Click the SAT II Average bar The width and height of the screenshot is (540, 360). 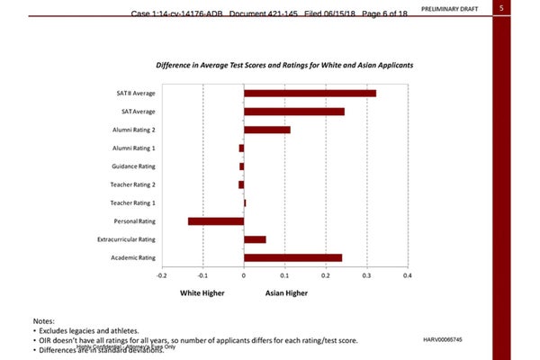click(x=310, y=93)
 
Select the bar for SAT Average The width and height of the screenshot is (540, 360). click(x=293, y=112)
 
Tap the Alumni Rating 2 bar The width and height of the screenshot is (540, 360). click(x=266, y=130)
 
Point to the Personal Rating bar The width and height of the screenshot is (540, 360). click(x=216, y=221)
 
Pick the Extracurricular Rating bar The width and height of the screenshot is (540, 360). click(x=255, y=239)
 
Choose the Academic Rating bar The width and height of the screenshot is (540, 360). click(x=292, y=257)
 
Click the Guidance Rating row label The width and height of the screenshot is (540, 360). click(x=134, y=166)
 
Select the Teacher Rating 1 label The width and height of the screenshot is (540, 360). click(x=133, y=202)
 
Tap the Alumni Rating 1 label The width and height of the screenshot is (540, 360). click(x=134, y=148)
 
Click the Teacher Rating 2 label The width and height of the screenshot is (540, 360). click(x=133, y=184)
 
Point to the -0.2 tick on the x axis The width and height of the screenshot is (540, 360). click(x=161, y=275)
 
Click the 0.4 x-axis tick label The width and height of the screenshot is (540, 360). click(x=408, y=275)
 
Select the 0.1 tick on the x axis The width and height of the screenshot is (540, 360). click(x=284, y=275)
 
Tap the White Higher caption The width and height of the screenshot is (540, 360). click(x=200, y=293)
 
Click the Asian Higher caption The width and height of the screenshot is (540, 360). click(x=286, y=293)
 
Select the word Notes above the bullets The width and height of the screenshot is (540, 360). click(x=43, y=321)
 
